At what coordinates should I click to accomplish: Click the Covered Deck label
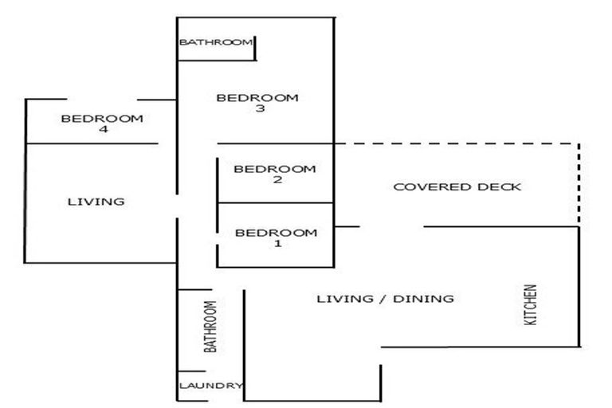(x=457, y=187)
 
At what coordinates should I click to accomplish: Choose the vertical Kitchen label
(x=531, y=304)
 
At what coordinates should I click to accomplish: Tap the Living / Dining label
(x=385, y=299)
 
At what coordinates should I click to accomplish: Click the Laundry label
(x=210, y=386)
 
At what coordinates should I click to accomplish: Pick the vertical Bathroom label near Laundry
(x=210, y=327)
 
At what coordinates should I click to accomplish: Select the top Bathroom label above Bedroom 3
(x=215, y=42)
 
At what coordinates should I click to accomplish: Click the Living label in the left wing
(x=96, y=202)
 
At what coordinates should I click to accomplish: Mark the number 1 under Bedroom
(x=277, y=244)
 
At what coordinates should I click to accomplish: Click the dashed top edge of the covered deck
(x=454, y=144)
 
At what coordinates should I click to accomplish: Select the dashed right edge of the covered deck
(x=579, y=183)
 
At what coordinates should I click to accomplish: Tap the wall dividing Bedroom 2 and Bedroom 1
(x=275, y=203)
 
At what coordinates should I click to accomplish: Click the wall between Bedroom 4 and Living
(x=92, y=143)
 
